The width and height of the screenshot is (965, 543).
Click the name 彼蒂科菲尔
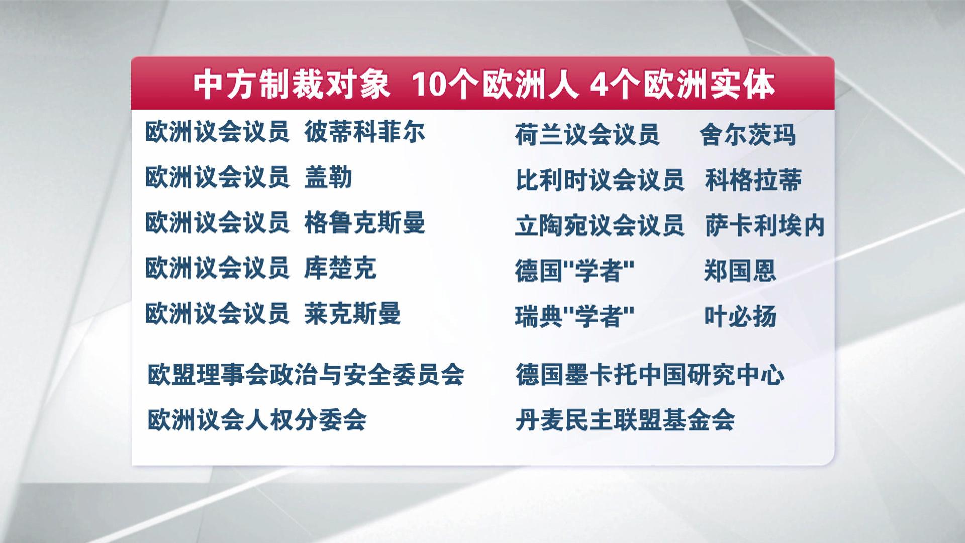[x=364, y=132]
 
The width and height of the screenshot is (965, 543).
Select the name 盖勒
[x=328, y=177]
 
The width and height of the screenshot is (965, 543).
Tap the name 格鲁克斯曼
[x=364, y=223]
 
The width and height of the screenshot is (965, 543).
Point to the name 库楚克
[x=340, y=268]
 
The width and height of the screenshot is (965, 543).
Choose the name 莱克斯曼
[x=352, y=313]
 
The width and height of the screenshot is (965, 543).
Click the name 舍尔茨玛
[x=747, y=135]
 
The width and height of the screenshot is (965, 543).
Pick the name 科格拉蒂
[x=753, y=180]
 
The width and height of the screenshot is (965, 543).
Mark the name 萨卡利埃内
[x=765, y=226]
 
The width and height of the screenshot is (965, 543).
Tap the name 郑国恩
[x=740, y=271]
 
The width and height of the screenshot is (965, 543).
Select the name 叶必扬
[x=740, y=316]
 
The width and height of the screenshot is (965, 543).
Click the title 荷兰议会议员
[x=587, y=135]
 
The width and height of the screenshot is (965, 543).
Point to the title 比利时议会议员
[x=600, y=180]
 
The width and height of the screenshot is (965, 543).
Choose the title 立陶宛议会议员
[x=600, y=226]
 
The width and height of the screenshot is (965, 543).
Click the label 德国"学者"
[x=574, y=271]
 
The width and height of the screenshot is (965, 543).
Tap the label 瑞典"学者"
[x=574, y=316]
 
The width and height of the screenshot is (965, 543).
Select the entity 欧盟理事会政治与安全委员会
[x=306, y=375]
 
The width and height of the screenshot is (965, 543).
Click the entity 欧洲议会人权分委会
[x=257, y=420]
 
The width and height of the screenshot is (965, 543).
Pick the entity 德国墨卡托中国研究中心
[x=649, y=375]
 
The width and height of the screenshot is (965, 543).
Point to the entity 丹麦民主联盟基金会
[x=625, y=420]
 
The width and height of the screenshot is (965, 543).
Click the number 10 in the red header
[x=428, y=85]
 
